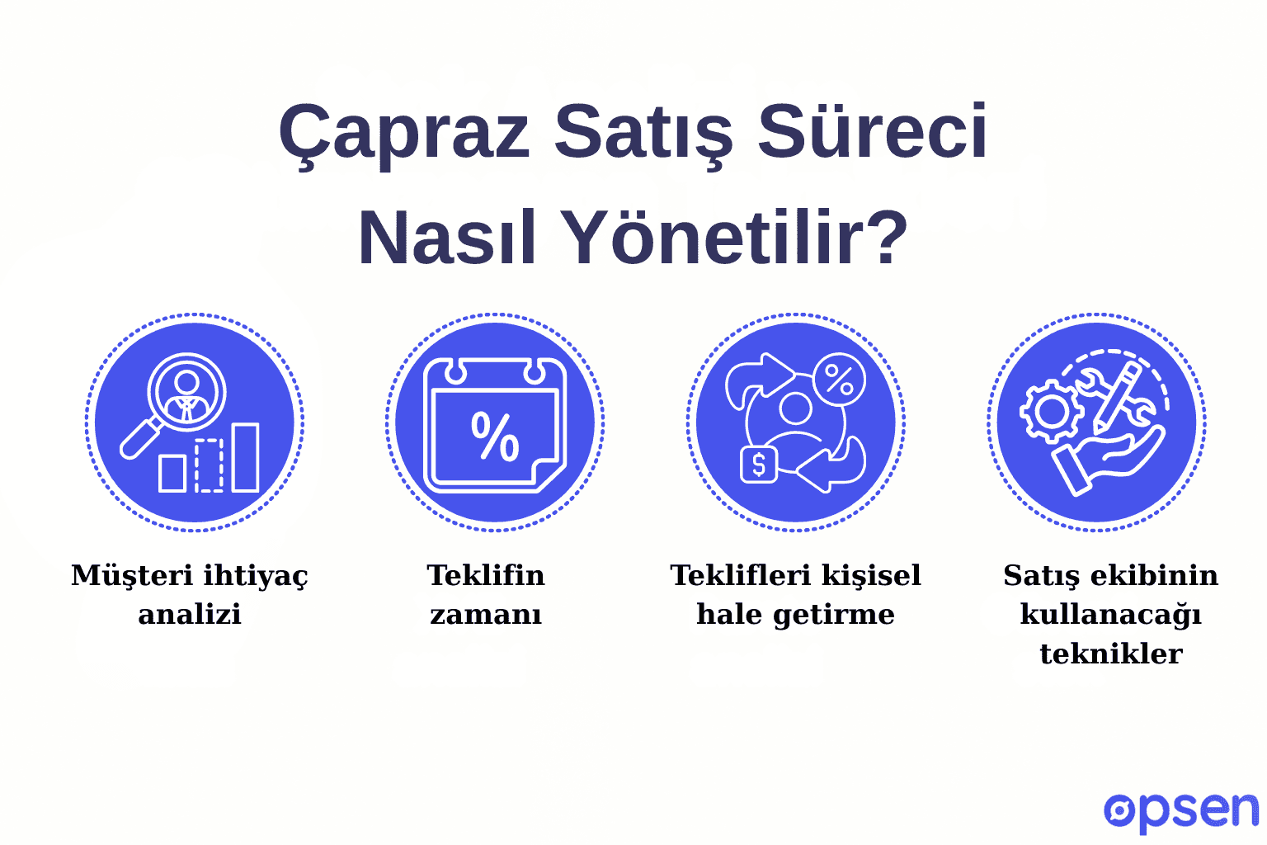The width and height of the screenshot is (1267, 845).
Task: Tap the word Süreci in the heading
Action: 872,132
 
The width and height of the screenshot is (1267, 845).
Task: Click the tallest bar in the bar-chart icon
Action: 245,457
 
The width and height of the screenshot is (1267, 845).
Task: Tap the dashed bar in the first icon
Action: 209,465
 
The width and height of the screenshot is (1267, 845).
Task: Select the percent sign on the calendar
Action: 495,437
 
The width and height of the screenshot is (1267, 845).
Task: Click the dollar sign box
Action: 758,465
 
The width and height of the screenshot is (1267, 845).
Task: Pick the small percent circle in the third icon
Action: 839,380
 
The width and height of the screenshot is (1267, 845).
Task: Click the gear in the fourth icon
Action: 1050,410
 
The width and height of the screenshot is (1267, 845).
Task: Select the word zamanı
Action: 486,615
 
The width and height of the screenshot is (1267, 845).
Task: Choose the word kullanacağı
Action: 1110,615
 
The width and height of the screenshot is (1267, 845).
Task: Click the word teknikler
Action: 1110,654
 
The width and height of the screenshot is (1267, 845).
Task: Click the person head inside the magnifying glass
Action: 186,382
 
